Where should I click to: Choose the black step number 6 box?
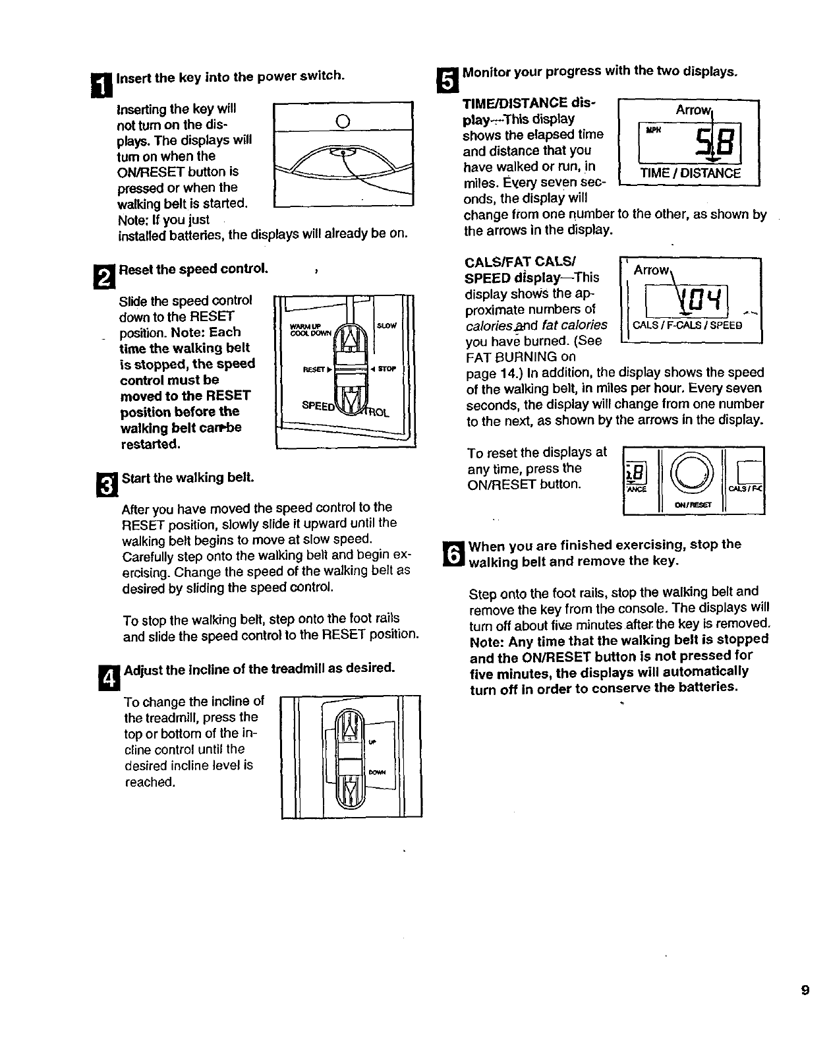click(454, 553)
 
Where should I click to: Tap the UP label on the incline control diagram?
click(372, 742)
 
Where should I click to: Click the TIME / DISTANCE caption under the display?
click(690, 173)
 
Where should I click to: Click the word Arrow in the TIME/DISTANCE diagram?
click(691, 110)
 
